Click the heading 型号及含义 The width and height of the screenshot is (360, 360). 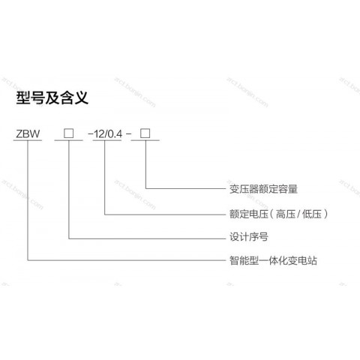[52, 97]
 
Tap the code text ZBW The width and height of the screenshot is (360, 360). [28, 133]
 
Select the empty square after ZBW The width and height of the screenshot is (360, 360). [68, 133]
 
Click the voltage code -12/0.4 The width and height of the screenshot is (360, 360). [105, 134]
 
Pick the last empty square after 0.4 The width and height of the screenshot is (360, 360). [145, 133]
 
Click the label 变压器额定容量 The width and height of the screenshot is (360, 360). [263, 189]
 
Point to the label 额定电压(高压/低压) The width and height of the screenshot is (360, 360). [278, 214]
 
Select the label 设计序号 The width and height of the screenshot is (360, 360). [249, 237]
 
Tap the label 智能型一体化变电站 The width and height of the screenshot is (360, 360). [273, 260]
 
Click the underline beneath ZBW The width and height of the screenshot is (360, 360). [28, 140]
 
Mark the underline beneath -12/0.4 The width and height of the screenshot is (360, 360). [107, 140]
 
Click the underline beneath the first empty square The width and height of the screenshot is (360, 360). [68, 140]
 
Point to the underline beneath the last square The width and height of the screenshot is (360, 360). [145, 140]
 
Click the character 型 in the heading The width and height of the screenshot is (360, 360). [23, 97]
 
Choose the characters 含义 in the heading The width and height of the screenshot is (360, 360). [74, 97]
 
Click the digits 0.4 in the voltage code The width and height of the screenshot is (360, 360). [115, 134]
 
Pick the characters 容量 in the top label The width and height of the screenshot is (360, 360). [288, 189]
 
